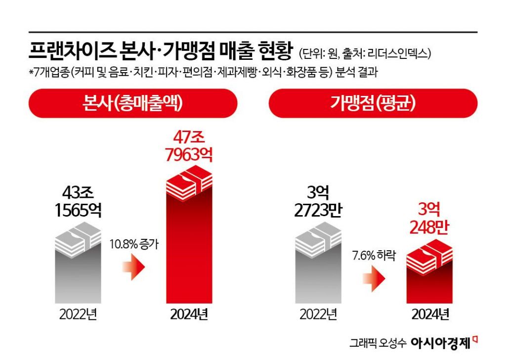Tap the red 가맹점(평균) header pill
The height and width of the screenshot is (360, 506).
click(373, 103)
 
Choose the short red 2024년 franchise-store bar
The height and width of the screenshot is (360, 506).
click(429, 282)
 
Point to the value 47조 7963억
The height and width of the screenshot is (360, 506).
click(189, 146)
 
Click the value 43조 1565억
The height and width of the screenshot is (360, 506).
click(78, 202)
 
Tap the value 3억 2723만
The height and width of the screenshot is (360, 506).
click(318, 202)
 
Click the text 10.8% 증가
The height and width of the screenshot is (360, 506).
click(134, 244)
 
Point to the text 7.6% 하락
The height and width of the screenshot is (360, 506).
click(374, 257)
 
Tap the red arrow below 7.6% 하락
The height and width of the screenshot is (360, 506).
click(374, 279)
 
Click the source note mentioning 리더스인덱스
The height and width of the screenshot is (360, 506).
click(368, 53)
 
